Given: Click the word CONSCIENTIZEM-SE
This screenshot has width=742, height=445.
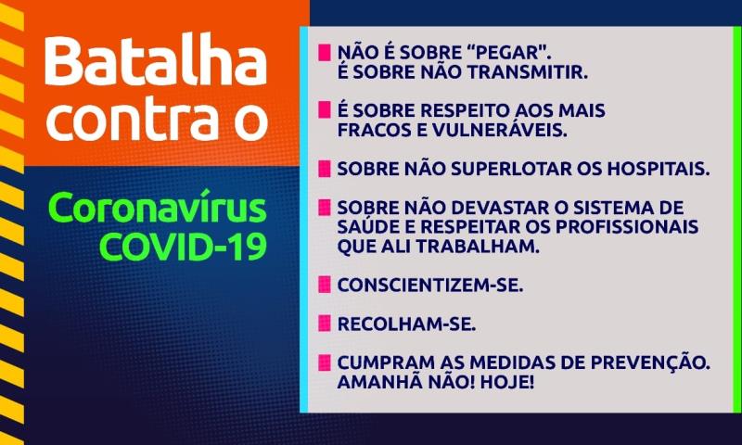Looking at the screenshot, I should click(429, 285).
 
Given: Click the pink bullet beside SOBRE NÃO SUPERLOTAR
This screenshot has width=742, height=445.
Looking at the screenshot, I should click(324, 170).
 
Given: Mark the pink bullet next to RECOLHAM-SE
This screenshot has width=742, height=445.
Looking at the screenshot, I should click(324, 323).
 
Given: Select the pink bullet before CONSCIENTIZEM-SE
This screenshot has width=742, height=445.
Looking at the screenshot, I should click(324, 285).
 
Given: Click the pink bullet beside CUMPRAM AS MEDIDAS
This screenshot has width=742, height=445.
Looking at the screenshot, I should click(324, 362).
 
